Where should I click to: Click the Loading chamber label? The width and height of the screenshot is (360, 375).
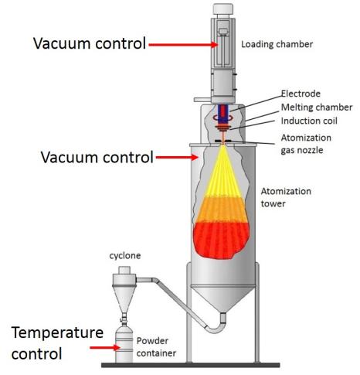pyautogui.click(x=277, y=44)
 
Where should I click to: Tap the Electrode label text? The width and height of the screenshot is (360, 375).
pyautogui.click(x=301, y=94)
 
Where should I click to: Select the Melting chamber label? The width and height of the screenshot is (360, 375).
pyautogui.click(x=317, y=107)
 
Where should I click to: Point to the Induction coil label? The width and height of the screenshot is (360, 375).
pyautogui.click(x=309, y=121)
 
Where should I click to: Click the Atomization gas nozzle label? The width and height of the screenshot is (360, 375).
pyautogui.click(x=306, y=144)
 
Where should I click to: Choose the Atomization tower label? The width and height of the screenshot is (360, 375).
pyautogui.click(x=286, y=197)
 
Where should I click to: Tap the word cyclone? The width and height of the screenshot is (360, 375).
pyautogui.click(x=125, y=256)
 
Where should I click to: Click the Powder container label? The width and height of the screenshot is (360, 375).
pyautogui.click(x=156, y=347)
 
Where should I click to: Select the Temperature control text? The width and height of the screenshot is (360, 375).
pyautogui.click(x=57, y=343)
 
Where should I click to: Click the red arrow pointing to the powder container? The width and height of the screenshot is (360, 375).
pyautogui.click(x=105, y=348)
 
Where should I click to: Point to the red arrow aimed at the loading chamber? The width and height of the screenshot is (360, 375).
pyautogui.click(x=184, y=45)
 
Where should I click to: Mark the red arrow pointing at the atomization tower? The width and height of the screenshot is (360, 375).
pyautogui.click(x=177, y=157)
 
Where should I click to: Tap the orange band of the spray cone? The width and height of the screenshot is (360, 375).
pyautogui.click(x=222, y=210)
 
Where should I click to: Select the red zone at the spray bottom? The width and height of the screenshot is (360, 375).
pyautogui.click(x=222, y=240)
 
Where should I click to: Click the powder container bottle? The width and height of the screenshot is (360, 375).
pyautogui.click(x=124, y=344)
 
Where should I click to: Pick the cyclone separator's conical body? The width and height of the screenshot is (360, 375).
pyautogui.click(x=124, y=298)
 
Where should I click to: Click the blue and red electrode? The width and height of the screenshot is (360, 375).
pyautogui.click(x=223, y=113)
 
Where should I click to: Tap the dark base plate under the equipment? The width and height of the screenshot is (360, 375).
pyautogui.click(x=191, y=365)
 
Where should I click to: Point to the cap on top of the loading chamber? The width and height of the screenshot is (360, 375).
pyautogui.click(x=223, y=9)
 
